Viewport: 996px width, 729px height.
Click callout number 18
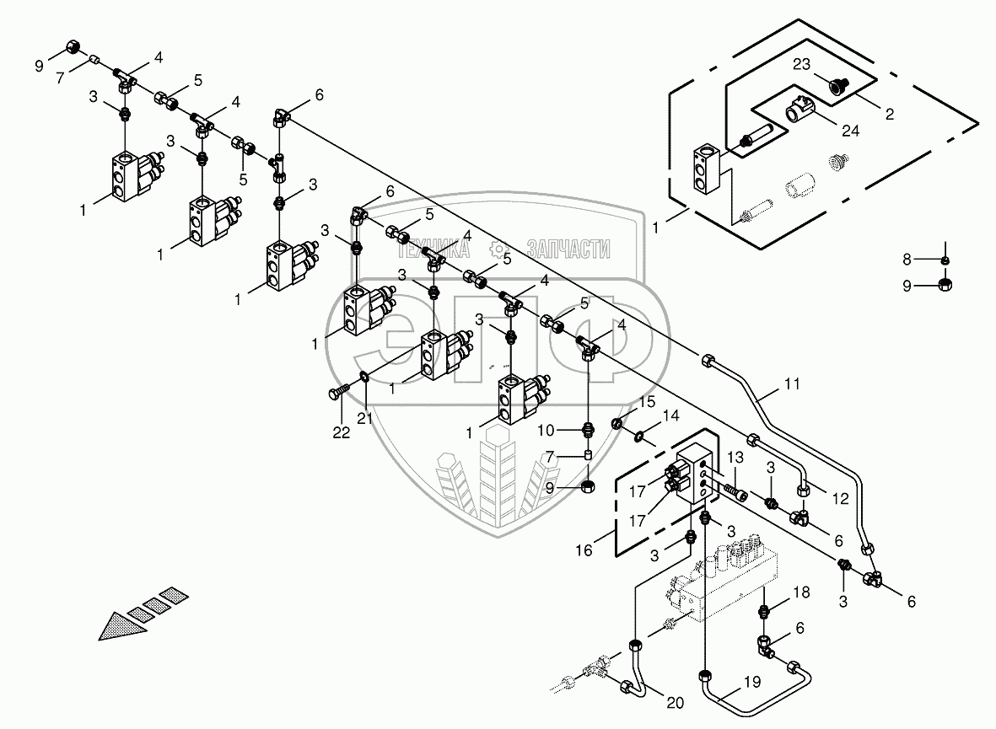tap(800, 593)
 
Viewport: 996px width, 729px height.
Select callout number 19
tap(752, 681)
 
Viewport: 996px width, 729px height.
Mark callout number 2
tap(889, 112)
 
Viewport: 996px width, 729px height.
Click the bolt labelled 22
tap(335, 392)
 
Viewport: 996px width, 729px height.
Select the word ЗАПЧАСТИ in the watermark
tap(568, 249)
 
